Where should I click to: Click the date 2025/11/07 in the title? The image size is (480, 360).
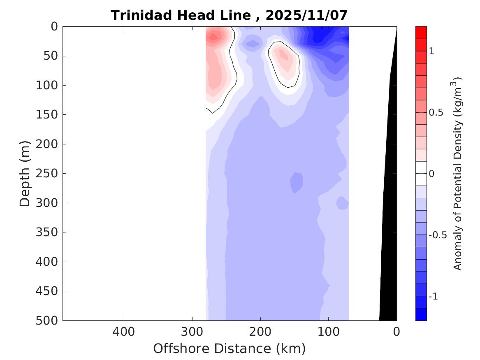(306, 15)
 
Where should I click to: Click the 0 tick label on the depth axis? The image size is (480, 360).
(54, 27)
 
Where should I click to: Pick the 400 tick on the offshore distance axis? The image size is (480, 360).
(124, 331)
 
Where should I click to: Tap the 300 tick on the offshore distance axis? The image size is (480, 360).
(192, 331)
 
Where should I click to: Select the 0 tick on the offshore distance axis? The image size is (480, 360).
(397, 331)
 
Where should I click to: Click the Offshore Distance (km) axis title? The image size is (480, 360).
(230, 349)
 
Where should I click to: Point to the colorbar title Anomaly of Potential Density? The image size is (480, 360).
(458, 174)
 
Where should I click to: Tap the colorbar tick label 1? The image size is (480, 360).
(431, 51)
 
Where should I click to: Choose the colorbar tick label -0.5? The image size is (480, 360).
(437, 235)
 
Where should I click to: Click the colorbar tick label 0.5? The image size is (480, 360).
(436, 112)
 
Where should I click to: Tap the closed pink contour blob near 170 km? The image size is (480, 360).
(284, 64)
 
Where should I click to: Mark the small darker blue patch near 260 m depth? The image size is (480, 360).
(297, 182)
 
